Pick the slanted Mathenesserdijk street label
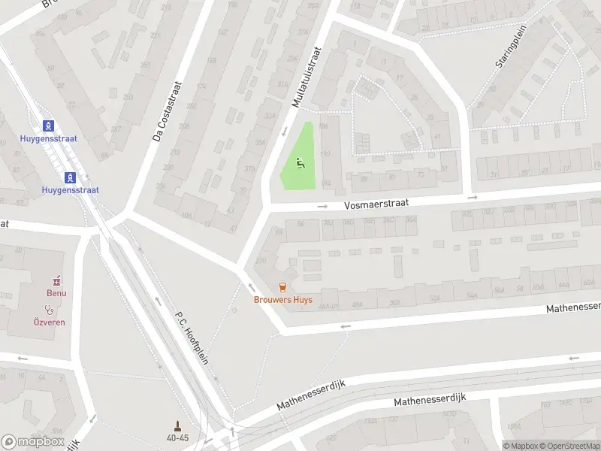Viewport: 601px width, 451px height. (x=310, y=395)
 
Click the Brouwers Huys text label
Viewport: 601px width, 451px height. (x=282, y=299)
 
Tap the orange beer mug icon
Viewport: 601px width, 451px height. (x=282, y=286)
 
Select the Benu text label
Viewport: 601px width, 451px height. (x=56, y=293)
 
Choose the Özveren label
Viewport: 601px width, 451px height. (x=50, y=322)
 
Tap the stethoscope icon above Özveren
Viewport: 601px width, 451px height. (x=50, y=309)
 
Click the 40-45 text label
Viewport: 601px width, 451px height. (x=178, y=437)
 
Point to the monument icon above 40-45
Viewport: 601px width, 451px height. (x=178, y=425)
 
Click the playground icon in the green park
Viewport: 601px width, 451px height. (x=300, y=162)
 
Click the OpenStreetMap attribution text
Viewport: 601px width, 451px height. (x=569, y=445)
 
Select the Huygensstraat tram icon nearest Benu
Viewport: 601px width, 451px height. (x=71, y=177)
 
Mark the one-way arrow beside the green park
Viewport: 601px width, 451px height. (x=284, y=132)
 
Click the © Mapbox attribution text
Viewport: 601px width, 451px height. (x=520, y=445)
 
